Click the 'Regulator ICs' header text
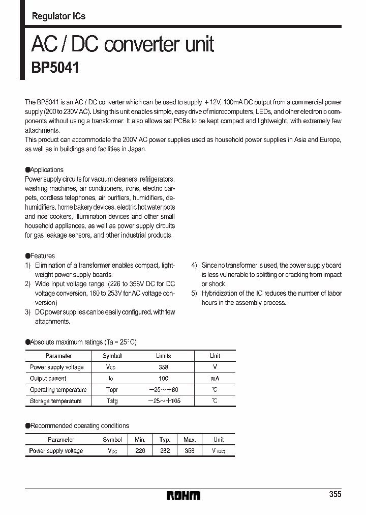click(58, 16)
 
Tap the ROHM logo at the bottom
click(183, 495)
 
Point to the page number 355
click(334, 495)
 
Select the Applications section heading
click(45, 170)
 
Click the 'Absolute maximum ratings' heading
click(81, 342)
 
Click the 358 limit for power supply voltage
click(163, 367)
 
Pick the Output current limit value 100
click(163, 378)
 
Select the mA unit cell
click(215, 378)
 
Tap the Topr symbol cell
click(112, 390)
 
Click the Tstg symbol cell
click(112, 401)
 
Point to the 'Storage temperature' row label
click(55, 401)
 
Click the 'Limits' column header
click(163, 356)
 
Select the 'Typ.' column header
click(165, 440)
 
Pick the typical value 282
click(165, 451)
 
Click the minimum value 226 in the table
click(140, 451)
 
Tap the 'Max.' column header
click(190, 440)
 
